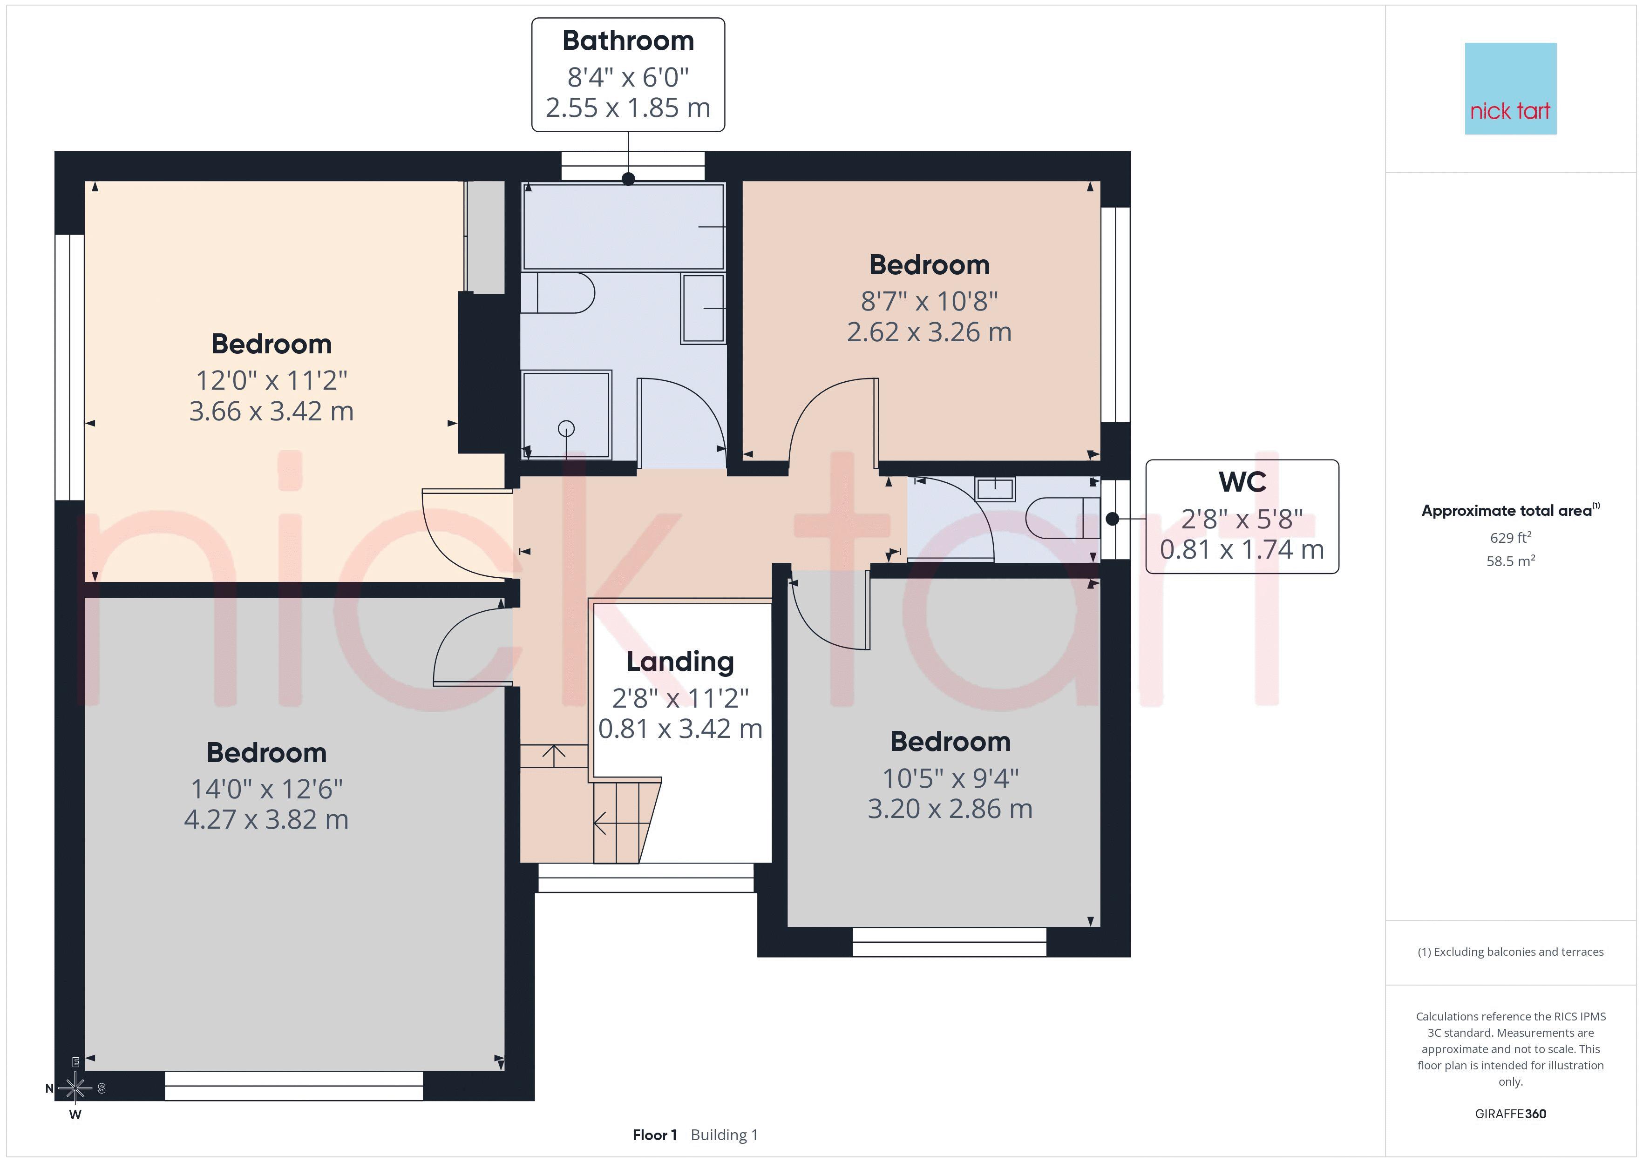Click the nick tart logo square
pos(1511,89)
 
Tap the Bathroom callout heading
pos(628,41)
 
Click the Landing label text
pos(680,662)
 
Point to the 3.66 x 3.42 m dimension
pos(271,411)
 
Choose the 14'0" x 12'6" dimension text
pos(267,789)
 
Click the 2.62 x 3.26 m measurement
pos(929,332)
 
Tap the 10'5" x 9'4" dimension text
pos(950,778)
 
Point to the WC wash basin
pos(995,489)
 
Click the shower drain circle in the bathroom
pos(566,429)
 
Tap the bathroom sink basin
pos(703,308)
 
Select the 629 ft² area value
pos(1511,537)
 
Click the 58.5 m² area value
pos(1511,561)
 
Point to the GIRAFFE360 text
pos(1511,1114)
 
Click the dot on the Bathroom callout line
pos(628,179)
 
